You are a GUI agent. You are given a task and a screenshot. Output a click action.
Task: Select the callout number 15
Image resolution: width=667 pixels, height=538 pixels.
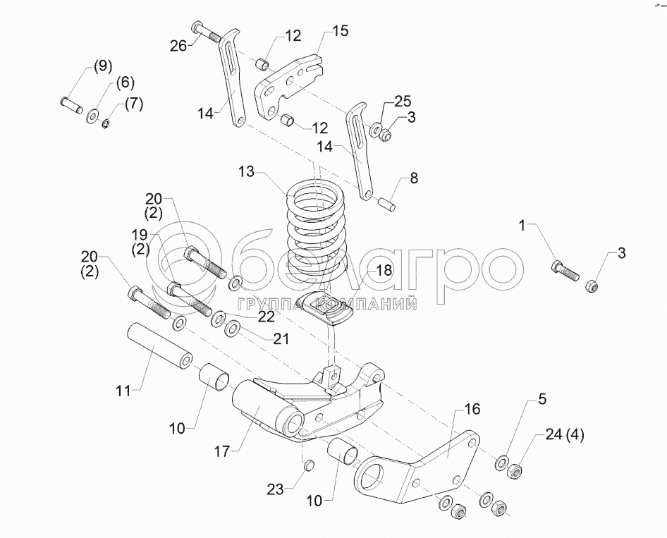pos(340,32)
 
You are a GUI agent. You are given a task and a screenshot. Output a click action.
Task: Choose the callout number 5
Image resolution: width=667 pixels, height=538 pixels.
pos(541,400)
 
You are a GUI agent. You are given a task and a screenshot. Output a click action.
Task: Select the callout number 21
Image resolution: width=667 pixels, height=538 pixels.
pos(281,339)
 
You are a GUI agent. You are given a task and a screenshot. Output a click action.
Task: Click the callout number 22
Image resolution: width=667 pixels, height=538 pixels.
pos(265,317)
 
